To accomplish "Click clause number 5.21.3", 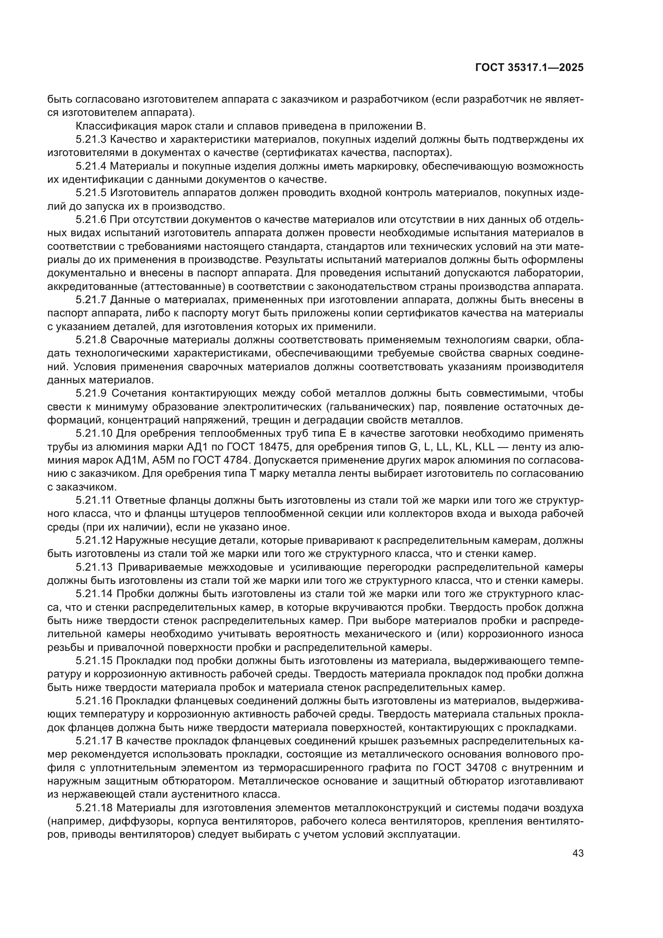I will pos(91,140).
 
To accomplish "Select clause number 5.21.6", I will pos(91,220).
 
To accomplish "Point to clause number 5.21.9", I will pos(91,393).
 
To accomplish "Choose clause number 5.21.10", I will pos(94,434).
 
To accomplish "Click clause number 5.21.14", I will pos(94,594).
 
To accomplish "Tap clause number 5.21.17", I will pos(94,741).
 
